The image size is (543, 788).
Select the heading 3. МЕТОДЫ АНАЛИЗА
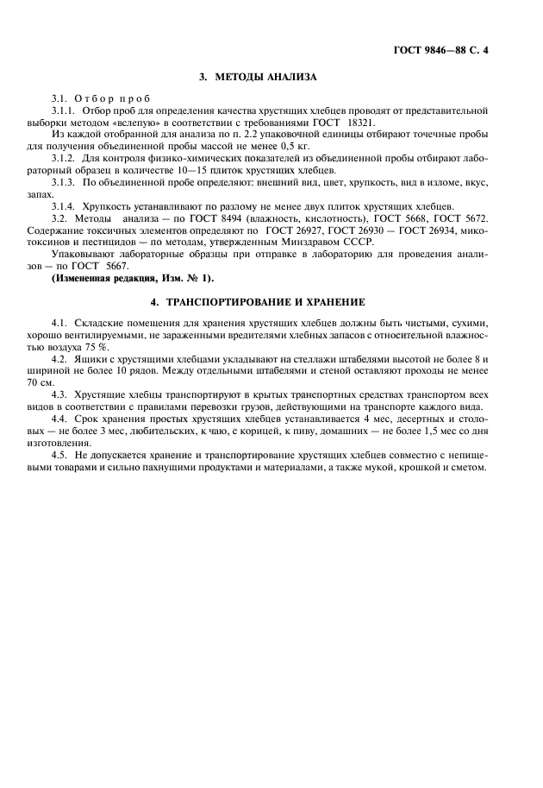coord(258,78)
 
